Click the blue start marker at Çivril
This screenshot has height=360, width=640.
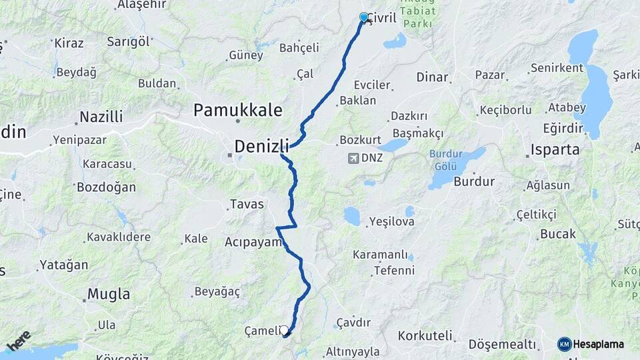pyautogui.click(x=363, y=17)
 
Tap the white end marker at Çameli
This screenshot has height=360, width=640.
pyautogui.click(x=285, y=330)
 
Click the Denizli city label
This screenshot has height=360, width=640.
pyautogui.click(x=261, y=145)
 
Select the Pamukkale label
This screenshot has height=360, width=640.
pyautogui.click(x=237, y=110)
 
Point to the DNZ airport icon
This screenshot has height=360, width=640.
pyautogui.click(x=352, y=159)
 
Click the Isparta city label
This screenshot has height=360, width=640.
pyautogui.click(x=555, y=149)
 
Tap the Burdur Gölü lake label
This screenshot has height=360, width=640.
pyautogui.click(x=445, y=159)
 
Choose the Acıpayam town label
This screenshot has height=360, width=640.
pyautogui.click(x=254, y=241)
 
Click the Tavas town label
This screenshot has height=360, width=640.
pyautogui.click(x=247, y=204)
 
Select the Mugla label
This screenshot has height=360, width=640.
pyautogui.click(x=109, y=294)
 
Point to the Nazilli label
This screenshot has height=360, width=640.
pyautogui.click(x=101, y=117)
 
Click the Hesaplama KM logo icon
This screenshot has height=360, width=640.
pyautogui.click(x=564, y=344)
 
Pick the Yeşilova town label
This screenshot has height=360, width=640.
pyautogui.click(x=392, y=221)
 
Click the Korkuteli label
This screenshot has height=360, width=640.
pyautogui.click(x=425, y=335)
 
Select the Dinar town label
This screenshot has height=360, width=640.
pyautogui.click(x=432, y=77)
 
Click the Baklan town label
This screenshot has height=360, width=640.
pyautogui.click(x=358, y=101)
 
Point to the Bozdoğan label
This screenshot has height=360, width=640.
pyautogui.click(x=106, y=187)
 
